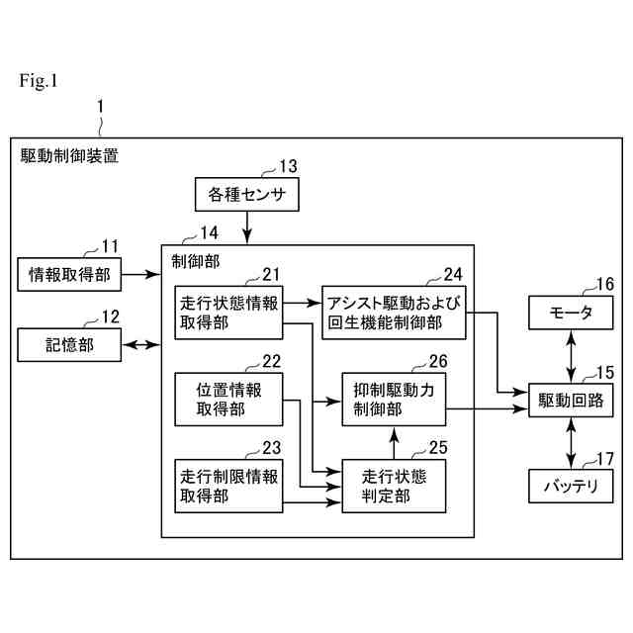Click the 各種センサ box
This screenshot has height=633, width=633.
[x=246, y=195]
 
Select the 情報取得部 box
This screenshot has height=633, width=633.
[x=69, y=274]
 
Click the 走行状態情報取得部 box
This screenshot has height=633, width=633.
[x=229, y=310]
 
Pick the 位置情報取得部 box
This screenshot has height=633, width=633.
[x=228, y=400]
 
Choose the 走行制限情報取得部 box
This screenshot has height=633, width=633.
[x=228, y=486]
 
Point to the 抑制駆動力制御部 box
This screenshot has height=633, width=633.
[x=394, y=400]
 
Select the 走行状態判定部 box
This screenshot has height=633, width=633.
[x=394, y=486]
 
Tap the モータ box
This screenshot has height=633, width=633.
[x=571, y=314]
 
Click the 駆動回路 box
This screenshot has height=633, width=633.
[x=571, y=400]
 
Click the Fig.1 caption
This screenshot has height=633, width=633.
[x=39, y=81]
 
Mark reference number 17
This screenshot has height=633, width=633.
[x=604, y=460]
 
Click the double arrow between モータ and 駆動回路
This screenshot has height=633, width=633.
[x=571, y=356]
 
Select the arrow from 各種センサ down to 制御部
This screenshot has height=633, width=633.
[x=246, y=227]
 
